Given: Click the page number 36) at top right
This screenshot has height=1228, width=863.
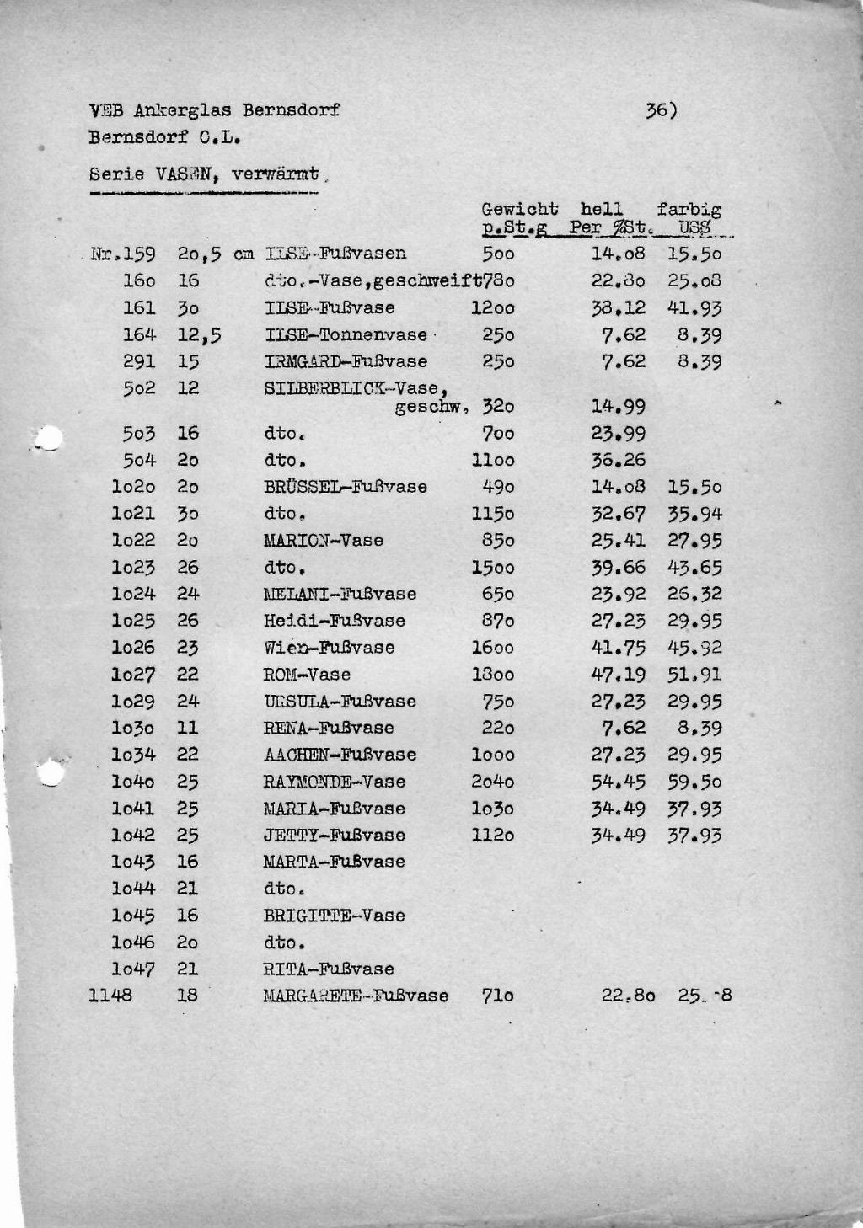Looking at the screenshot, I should click(x=661, y=110).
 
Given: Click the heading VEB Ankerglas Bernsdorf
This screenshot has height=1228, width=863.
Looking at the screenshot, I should click(x=214, y=110).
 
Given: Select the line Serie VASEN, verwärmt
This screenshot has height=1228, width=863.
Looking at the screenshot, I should click(x=204, y=175).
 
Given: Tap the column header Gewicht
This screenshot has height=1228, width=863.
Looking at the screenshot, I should click(x=519, y=209).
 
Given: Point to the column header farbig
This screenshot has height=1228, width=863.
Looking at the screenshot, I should click(x=689, y=209).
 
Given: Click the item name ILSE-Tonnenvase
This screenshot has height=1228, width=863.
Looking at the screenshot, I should click(x=346, y=335).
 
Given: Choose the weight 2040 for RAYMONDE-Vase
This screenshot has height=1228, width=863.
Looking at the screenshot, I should click(x=492, y=782).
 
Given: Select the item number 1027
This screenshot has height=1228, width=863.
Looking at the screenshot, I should click(x=133, y=675).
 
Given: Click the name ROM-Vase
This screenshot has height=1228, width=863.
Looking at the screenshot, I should click(x=306, y=675).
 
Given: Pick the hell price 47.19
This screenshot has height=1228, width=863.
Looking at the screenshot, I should click(x=618, y=675).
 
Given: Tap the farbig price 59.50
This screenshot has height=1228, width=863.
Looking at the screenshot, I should click(x=694, y=782).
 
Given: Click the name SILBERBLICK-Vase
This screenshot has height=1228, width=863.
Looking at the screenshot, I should click(x=354, y=389).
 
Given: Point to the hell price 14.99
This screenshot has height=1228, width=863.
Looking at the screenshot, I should click(x=618, y=407).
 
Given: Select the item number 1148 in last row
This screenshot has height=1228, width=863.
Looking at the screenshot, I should click(x=110, y=996).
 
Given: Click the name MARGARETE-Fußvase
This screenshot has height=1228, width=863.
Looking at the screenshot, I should click(x=355, y=996).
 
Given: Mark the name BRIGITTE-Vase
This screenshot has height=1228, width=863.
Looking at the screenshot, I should click(x=334, y=916).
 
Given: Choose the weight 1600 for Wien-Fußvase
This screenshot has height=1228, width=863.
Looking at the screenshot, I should click(x=492, y=648).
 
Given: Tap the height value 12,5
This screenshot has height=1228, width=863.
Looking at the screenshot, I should click(x=199, y=335).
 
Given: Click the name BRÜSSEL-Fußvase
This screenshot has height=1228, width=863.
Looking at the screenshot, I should click(x=345, y=487).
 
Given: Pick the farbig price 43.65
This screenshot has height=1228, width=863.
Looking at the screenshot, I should click(x=694, y=568).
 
